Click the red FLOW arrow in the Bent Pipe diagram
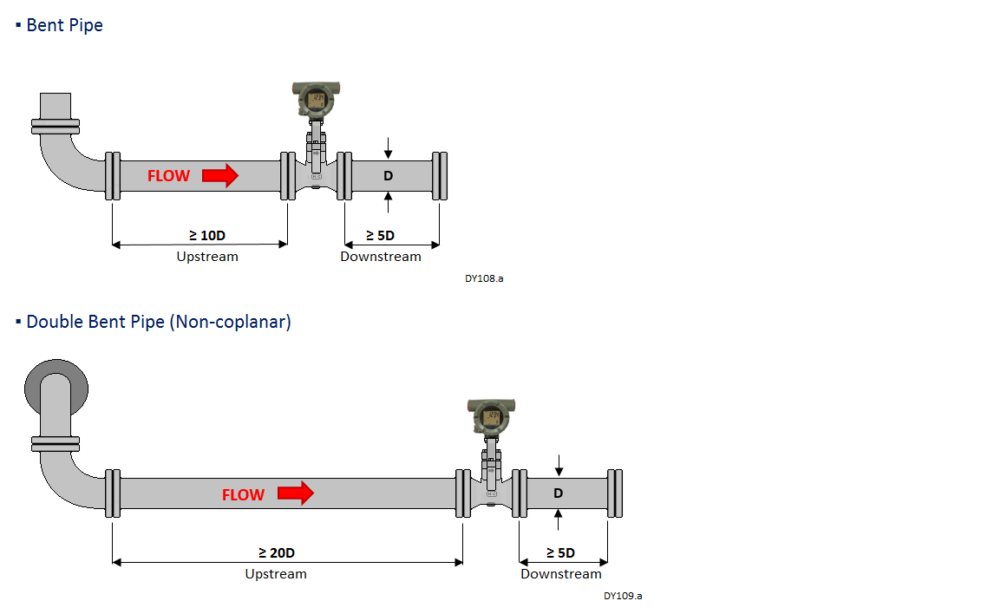220,176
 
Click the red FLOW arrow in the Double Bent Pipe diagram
296,494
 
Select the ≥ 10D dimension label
207,235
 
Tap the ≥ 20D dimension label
277,552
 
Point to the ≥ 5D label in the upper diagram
380,235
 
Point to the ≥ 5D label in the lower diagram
560,552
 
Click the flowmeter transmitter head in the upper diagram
316,100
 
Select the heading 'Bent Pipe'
64,25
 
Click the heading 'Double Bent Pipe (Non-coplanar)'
159,322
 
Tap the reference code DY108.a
484,278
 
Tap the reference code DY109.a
623,596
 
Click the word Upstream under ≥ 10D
207,257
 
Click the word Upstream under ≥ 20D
276,574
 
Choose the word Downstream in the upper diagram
381,257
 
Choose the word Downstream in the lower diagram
561,574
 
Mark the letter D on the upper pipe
389,176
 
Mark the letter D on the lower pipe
559,493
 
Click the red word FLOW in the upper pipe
168,176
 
